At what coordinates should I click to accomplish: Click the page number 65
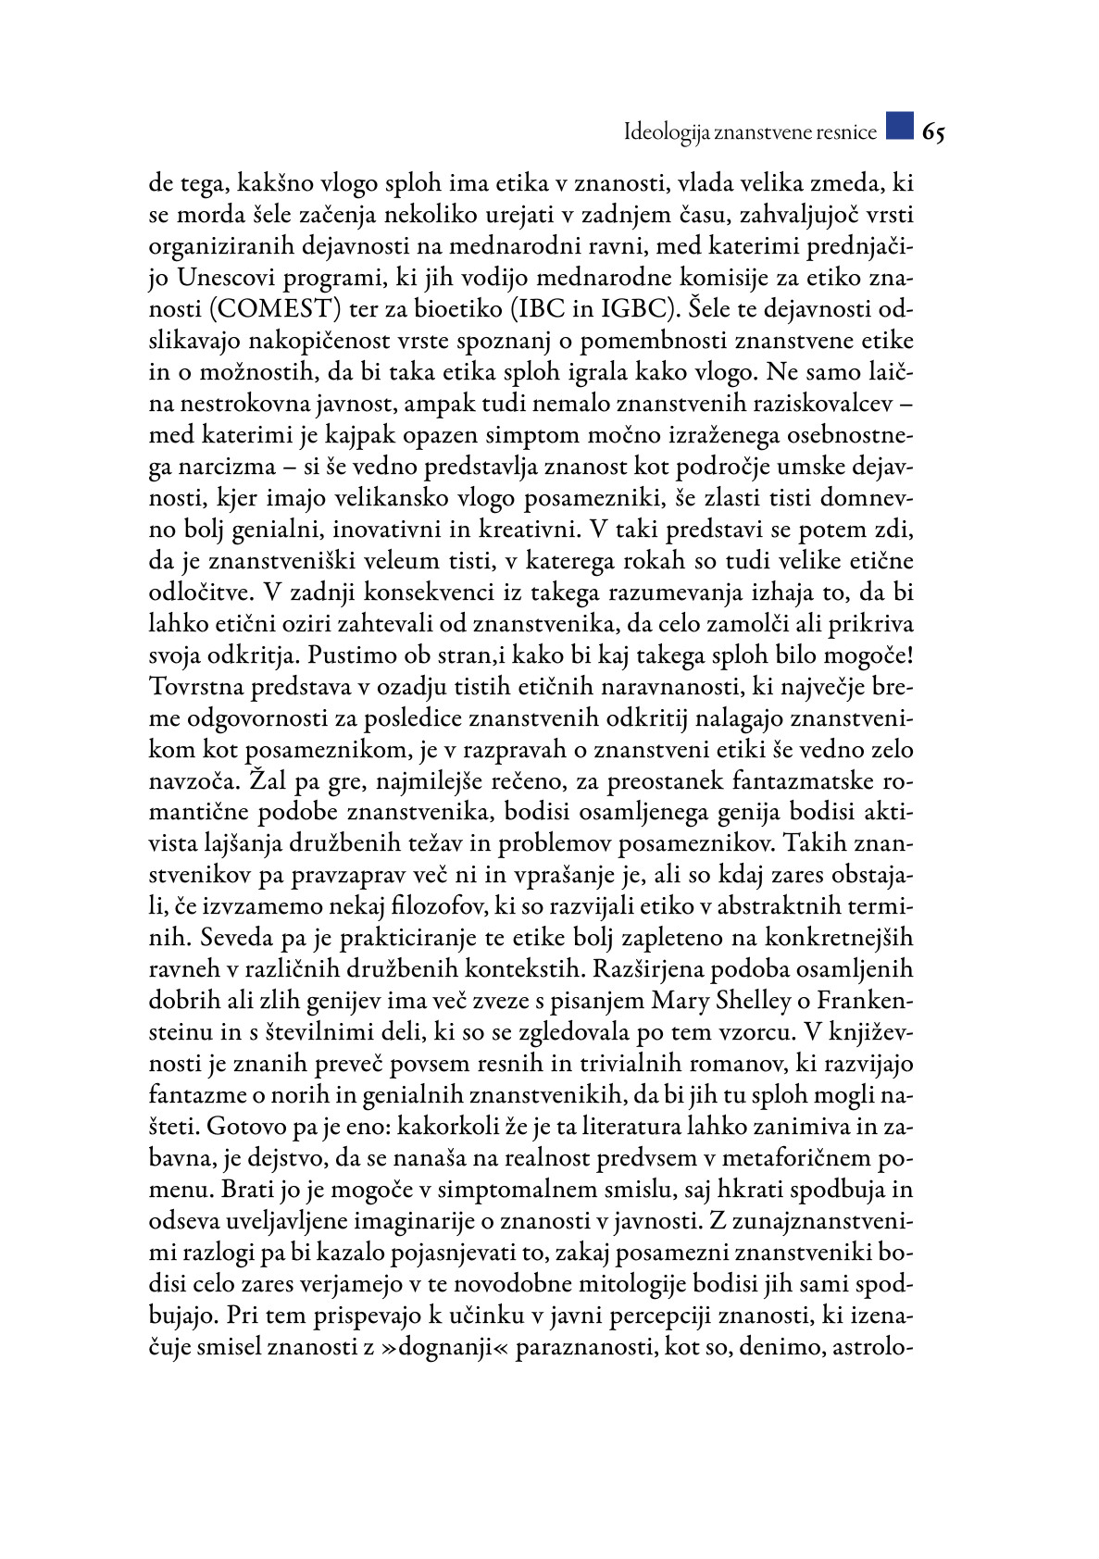click(933, 132)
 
